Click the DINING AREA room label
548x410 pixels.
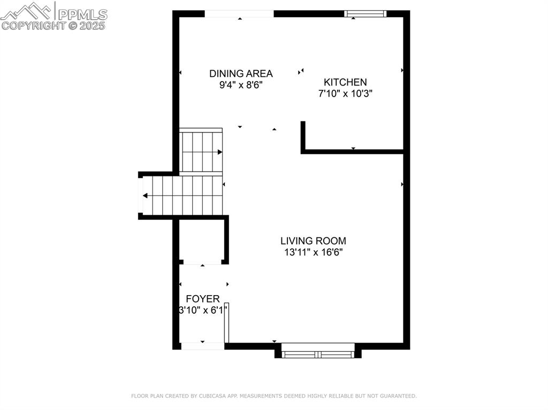(x=241, y=74)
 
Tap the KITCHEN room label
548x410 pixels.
(x=345, y=82)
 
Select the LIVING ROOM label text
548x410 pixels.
(x=313, y=241)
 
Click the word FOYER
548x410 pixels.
(x=202, y=299)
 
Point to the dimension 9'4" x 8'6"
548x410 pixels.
(x=241, y=85)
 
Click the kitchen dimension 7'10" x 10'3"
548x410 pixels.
(x=345, y=94)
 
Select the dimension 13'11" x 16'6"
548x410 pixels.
(x=313, y=252)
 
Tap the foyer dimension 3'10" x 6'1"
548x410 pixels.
(x=203, y=310)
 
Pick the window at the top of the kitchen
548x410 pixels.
(x=365, y=14)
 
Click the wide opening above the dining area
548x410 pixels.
(x=239, y=14)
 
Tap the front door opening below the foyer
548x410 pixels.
(x=202, y=346)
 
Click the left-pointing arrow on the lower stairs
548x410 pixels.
(x=146, y=196)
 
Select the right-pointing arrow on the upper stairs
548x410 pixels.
(x=219, y=152)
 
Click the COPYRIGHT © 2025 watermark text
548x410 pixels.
(x=54, y=25)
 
